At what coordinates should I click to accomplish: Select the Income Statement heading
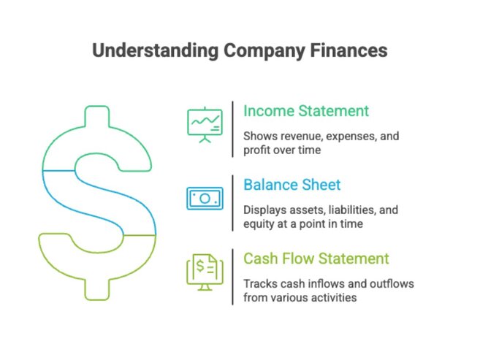coord(306,111)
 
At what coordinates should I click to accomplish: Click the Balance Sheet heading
coord(292,185)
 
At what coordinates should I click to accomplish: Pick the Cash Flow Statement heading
coord(316,258)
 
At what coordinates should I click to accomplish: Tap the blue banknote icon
coord(205,198)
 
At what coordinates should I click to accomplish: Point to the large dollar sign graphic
coord(98,202)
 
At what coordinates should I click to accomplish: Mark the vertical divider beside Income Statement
coord(233,129)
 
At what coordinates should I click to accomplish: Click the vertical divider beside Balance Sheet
coord(233,203)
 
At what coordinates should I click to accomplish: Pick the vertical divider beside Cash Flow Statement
coord(233,277)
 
